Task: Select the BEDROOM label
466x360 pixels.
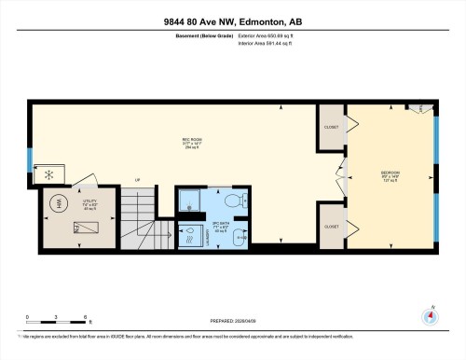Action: (391, 175)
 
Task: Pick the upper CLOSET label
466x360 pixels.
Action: (331, 127)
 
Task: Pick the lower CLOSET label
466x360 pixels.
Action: (331, 226)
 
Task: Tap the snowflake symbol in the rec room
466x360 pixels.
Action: (49, 173)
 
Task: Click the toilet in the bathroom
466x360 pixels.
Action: (236, 200)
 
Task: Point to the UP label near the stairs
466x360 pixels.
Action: (138, 180)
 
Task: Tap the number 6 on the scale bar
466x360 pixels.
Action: (86, 318)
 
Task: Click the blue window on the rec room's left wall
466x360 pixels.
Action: (30, 173)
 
